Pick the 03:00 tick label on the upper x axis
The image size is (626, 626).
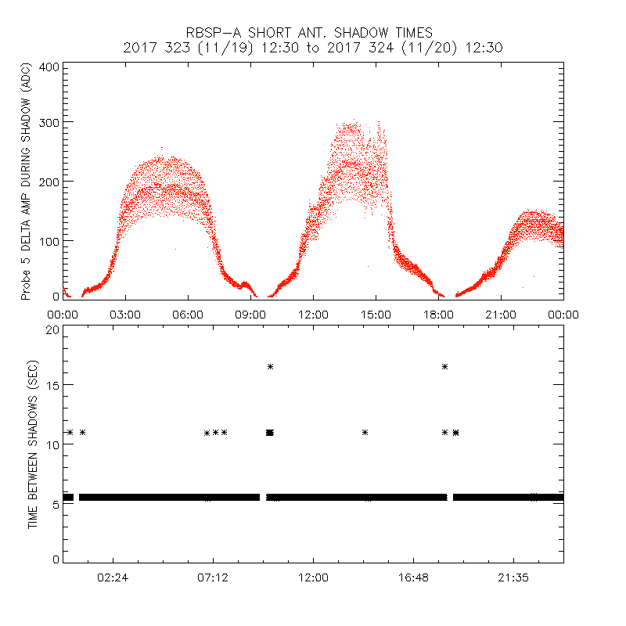coord(125,314)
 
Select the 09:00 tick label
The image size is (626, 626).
coord(250,314)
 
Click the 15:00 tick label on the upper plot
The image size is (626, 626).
coord(376,314)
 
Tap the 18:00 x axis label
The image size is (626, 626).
coord(438,314)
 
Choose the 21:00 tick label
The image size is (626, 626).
coord(501,314)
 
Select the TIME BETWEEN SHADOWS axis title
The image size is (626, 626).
coord(33,444)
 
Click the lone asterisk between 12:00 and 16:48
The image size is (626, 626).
coord(365,432)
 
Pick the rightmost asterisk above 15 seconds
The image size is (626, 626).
coord(444,366)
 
